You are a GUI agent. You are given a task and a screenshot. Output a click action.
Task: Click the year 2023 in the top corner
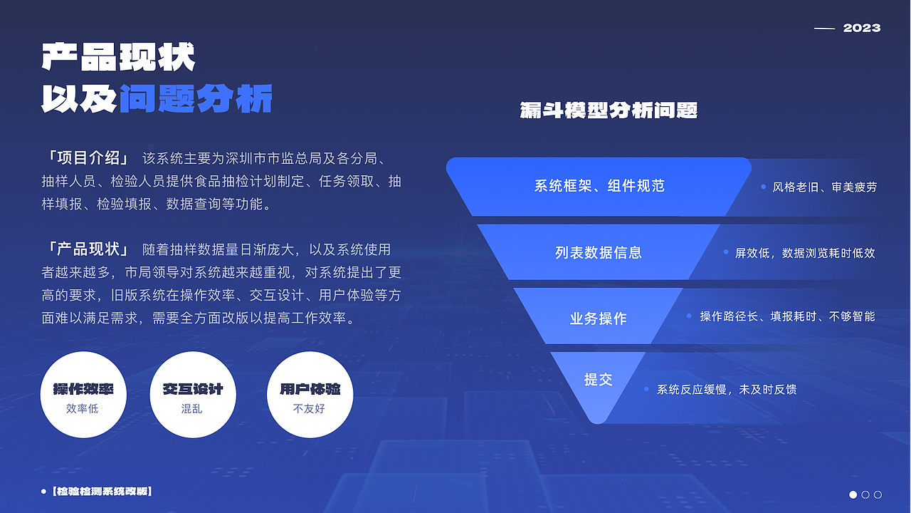point(862,28)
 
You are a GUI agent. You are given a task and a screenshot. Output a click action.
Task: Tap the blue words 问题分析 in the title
point(196,99)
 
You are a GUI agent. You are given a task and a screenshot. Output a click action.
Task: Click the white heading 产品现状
point(118,58)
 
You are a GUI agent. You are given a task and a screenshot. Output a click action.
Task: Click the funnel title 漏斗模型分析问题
point(609,110)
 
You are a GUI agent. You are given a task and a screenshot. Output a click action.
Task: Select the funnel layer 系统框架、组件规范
point(599,187)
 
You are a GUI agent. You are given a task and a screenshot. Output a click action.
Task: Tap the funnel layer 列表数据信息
point(599,253)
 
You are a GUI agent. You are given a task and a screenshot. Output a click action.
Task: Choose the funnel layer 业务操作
point(599,318)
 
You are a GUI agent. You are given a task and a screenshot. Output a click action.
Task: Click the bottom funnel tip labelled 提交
point(599,380)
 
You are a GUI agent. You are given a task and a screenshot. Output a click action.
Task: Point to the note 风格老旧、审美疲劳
point(824,187)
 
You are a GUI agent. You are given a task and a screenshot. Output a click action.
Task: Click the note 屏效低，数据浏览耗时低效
point(804,253)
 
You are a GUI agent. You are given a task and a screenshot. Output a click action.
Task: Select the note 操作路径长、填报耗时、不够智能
point(786,316)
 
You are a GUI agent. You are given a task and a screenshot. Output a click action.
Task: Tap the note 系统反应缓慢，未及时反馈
point(726,390)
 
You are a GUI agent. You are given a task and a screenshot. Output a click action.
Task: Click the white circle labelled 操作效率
point(83,395)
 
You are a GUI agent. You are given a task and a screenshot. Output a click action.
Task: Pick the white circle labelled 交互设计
point(193,395)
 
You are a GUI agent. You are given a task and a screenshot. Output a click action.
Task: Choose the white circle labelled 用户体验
point(310,395)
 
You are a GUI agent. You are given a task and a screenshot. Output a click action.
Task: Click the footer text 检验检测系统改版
point(102,492)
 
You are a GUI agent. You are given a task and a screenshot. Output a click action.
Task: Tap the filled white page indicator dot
point(853,494)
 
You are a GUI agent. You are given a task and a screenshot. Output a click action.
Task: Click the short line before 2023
point(824,28)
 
